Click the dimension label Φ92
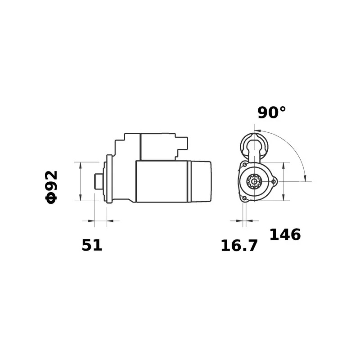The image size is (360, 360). [x=51, y=187]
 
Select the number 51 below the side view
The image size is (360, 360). [x=92, y=245]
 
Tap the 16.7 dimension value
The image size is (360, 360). [x=239, y=246]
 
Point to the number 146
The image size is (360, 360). [x=285, y=234]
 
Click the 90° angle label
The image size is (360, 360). [x=272, y=112]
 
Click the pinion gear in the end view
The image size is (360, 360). [x=254, y=182]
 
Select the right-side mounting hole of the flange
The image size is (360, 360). [x=274, y=182]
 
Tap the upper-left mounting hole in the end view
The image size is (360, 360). [x=245, y=165]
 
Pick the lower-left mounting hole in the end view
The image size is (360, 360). [x=244, y=198]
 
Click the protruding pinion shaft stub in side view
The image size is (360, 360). [x=99, y=181]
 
